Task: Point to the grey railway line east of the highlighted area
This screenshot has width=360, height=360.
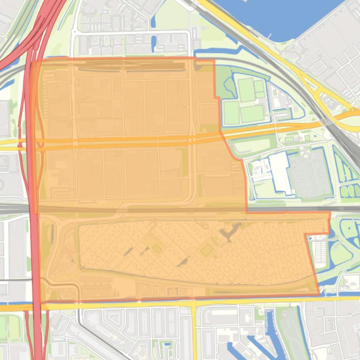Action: pos(346,209)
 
